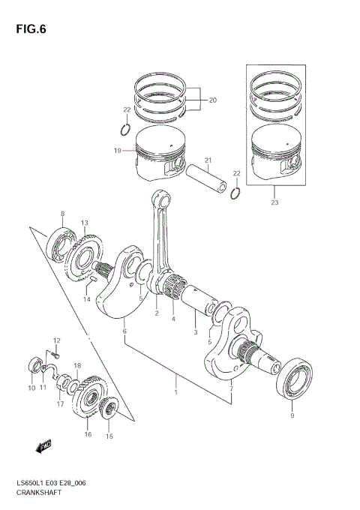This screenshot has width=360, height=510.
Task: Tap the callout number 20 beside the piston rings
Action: [211, 100]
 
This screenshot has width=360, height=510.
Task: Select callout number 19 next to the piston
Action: [117, 151]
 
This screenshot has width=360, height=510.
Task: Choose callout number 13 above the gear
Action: [85, 223]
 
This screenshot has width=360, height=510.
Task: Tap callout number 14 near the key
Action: [86, 299]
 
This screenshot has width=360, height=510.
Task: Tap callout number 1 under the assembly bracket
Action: [176, 392]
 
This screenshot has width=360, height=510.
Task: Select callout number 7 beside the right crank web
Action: [231, 388]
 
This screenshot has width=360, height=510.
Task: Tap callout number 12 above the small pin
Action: [55, 341]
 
